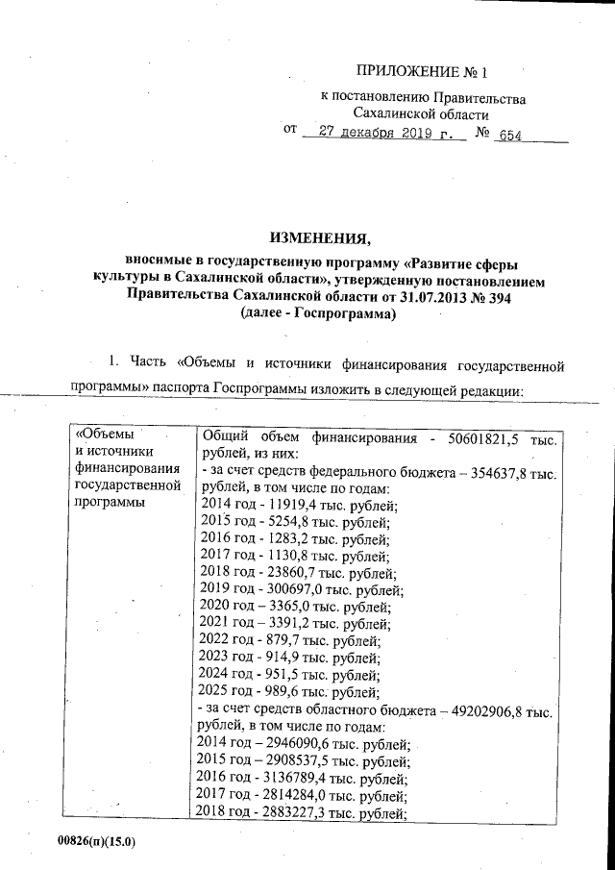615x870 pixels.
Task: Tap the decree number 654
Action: point(512,136)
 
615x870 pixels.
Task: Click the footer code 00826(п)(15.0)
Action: point(96,841)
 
